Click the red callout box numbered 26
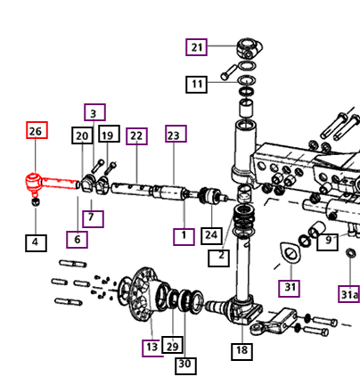click(x=37, y=130)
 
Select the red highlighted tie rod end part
click(x=52, y=184)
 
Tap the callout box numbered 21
click(x=196, y=47)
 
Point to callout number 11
click(x=196, y=85)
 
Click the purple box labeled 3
click(x=94, y=112)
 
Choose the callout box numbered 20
click(x=82, y=135)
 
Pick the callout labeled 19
click(x=109, y=134)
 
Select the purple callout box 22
click(x=136, y=136)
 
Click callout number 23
click(x=176, y=134)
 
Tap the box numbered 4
click(x=36, y=243)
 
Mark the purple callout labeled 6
click(x=77, y=240)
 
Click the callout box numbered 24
click(x=211, y=236)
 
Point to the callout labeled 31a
click(x=349, y=294)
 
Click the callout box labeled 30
click(x=185, y=365)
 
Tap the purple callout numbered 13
click(x=152, y=348)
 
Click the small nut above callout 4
click(x=36, y=202)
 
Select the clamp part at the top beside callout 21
click(x=250, y=47)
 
